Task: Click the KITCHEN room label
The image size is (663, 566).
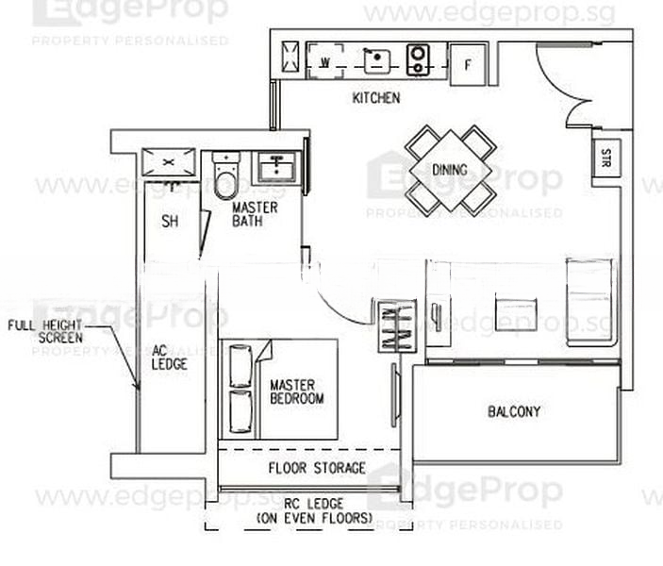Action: [x=376, y=98]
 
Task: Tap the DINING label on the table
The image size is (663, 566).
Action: [x=450, y=170]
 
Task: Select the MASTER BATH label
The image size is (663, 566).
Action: [x=255, y=214]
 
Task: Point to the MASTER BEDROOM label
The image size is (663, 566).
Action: [x=296, y=391]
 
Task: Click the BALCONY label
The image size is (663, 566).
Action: [x=514, y=411]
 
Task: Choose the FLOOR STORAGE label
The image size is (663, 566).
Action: [x=317, y=468]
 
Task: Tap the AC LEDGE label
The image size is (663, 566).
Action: [x=170, y=356]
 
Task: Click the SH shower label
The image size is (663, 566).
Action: [x=170, y=222]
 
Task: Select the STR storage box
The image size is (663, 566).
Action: [x=604, y=158]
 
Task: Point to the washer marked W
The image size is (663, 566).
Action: [x=323, y=62]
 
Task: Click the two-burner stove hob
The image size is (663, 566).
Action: [x=419, y=61]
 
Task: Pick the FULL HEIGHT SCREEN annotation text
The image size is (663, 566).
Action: [x=45, y=331]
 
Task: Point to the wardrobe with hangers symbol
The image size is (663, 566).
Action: [x=394, y=325]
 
